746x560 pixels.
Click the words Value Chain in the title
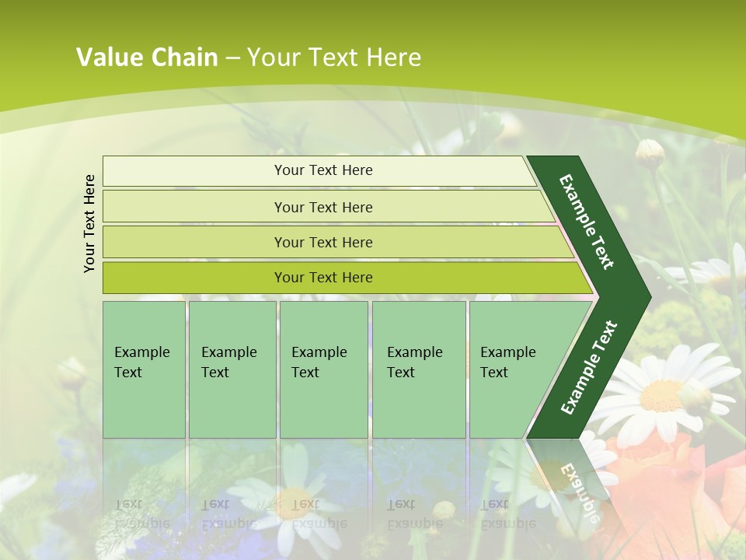click(147, 58)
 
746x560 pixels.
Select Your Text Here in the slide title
click(334, 58)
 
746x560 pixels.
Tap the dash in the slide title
click(232, 58)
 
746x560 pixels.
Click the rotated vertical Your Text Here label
click(89, 223)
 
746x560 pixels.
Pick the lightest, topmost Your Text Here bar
click(322, 170)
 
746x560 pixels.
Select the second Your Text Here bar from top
click(322, 207)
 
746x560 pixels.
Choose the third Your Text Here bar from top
click(322, 242)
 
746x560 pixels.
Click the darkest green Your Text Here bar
click(322, 278)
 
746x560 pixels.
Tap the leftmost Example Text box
click(144, 369)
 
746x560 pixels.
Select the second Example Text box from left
click(232, 369)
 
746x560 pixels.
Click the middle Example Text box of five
click(323, 369)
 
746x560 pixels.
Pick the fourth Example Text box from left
click(418, 369)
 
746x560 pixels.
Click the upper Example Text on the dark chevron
click(587, 222)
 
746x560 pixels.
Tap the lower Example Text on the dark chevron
click(589, 367)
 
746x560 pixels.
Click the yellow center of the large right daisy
click(661, 394)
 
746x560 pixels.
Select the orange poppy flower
click(668, 482)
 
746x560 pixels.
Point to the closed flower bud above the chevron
click(649, 153)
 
